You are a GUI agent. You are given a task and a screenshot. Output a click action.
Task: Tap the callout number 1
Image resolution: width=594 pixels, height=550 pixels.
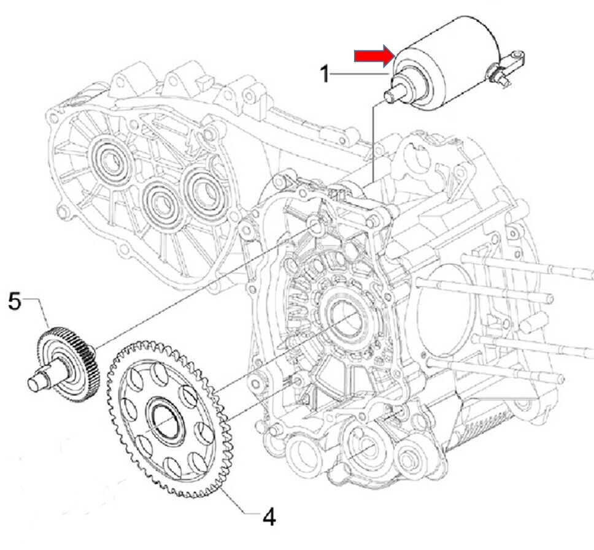pyautogui.click(x=326, y=75)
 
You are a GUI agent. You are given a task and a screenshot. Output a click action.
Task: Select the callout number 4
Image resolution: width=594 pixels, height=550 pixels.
pyautogui.click(x=268, y=517)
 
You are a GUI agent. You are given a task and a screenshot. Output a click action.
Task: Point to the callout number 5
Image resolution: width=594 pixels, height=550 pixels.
pyautogui.click(x=15, y=301)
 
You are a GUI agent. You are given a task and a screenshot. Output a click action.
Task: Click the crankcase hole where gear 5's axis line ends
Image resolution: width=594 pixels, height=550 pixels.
pyautogui.click(x=317, y=227)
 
